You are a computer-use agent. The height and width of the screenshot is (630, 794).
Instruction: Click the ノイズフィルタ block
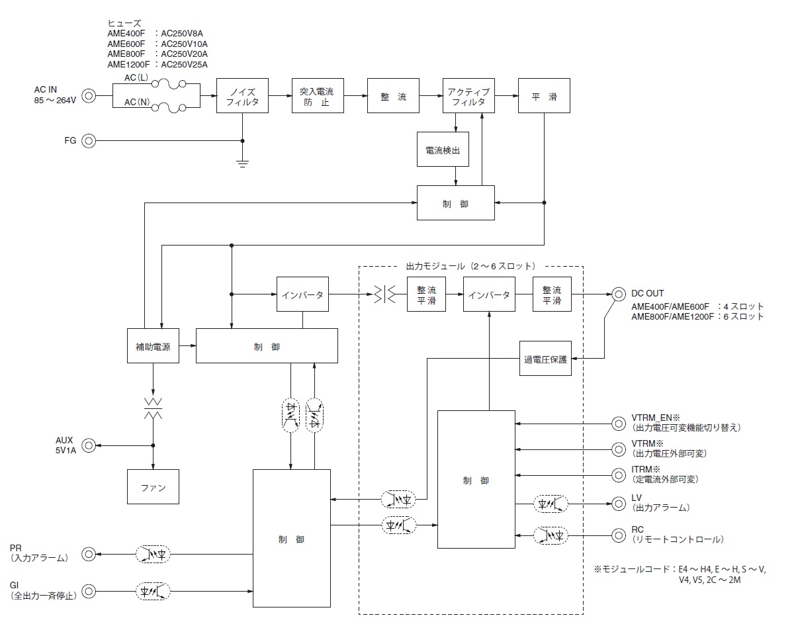(242, 95)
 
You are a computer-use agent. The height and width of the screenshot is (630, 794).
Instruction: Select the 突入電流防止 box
(318, 95)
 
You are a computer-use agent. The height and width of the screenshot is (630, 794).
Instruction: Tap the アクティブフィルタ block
(468, 95)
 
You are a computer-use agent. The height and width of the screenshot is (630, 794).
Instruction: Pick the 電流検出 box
(443, 150)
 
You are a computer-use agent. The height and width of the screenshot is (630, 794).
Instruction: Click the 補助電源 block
(153, 346)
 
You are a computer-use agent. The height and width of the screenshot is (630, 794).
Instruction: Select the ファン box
(153, 487)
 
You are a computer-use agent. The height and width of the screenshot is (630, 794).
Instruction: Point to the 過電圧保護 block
(545, 359)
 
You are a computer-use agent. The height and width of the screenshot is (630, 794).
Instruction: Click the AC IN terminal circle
(89, 96)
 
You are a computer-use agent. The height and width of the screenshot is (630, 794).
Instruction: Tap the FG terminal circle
(89, 140)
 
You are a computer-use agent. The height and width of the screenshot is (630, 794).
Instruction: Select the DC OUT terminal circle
(619, 294)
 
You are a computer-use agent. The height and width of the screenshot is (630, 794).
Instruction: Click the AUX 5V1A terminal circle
(89, 445)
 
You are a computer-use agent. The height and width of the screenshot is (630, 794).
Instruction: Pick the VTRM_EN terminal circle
(619, 424)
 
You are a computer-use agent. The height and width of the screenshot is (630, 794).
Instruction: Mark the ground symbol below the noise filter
(242, 164)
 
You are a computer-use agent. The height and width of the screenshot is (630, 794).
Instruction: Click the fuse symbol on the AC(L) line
(169, 85)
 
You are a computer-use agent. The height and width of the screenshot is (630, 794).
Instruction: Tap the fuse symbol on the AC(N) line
(169, 108)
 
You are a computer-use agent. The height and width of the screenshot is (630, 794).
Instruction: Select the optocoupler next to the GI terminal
(153, 591)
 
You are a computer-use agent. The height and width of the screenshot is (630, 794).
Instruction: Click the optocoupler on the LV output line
(551, 504)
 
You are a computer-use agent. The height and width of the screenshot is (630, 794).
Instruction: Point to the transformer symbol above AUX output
(153, 408)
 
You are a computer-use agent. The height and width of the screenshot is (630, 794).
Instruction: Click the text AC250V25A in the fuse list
(184, 65)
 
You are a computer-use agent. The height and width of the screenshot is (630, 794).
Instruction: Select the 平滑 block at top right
(544, 95)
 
